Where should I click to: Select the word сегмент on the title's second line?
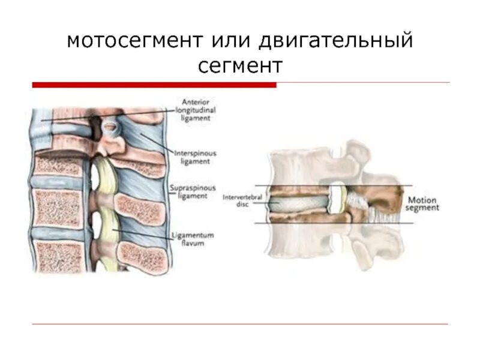click(x=240, y=65)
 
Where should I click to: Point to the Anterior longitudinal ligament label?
click(x=196, y=110)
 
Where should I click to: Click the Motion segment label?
click(x=424, y=203)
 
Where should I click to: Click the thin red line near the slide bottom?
click(x=240, y=325)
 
